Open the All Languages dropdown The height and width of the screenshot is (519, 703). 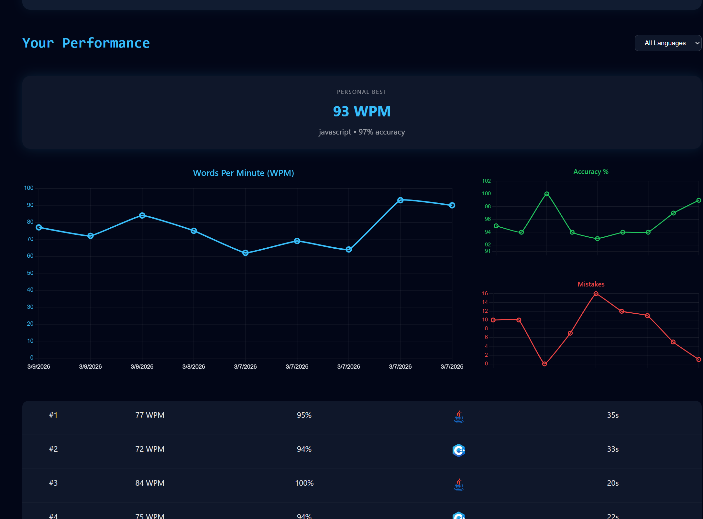668,43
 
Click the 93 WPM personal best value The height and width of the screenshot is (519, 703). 362,112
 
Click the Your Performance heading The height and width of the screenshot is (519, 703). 86,43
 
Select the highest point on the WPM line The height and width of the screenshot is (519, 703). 400,200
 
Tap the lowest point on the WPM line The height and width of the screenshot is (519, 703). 246,253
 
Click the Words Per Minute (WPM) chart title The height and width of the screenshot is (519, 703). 243,173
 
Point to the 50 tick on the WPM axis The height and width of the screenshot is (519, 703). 30,273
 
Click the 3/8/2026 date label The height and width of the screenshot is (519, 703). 193,366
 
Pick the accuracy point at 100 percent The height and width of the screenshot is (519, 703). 547,194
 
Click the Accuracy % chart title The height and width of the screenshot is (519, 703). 591,172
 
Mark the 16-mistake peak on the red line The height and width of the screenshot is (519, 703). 596,294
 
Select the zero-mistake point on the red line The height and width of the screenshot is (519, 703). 544,364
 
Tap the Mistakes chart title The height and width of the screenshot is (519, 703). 591,284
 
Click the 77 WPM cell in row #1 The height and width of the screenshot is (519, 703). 150,415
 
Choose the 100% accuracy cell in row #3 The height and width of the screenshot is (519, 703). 304,483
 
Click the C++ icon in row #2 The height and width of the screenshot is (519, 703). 459,450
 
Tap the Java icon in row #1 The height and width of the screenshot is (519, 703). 459,416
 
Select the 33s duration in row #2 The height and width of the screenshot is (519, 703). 613,449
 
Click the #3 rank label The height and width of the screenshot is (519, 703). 53,483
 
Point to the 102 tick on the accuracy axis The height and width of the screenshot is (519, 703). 486,181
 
